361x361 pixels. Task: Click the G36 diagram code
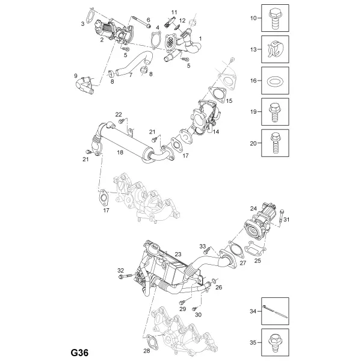(79, 353)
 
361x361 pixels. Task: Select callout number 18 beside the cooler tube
(120, 152)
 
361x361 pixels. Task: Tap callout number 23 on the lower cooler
(178, 254)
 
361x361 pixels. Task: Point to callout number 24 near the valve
(253, 208)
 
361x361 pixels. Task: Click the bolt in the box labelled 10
(275, 19)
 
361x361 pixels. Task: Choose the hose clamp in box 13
(276, 49)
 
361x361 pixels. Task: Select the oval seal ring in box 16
(275, 81)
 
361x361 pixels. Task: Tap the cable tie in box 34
(275, 311)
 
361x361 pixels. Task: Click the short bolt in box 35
(275, 342)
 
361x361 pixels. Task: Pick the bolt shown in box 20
(275, 143)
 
